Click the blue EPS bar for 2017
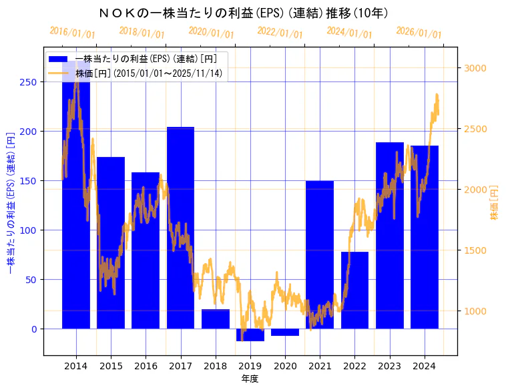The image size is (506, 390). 180,227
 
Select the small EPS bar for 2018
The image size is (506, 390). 215,319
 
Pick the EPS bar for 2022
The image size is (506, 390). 354,290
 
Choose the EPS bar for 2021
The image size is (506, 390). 320,254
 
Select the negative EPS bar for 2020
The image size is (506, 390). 285,332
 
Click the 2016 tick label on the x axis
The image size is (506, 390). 146,366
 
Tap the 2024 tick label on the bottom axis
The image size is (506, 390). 424,366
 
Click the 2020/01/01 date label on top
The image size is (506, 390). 211,33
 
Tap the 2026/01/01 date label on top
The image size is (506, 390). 419,33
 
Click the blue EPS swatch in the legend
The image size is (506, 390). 59,59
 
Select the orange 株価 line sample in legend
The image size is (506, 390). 59,73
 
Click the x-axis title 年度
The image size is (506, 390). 250,379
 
